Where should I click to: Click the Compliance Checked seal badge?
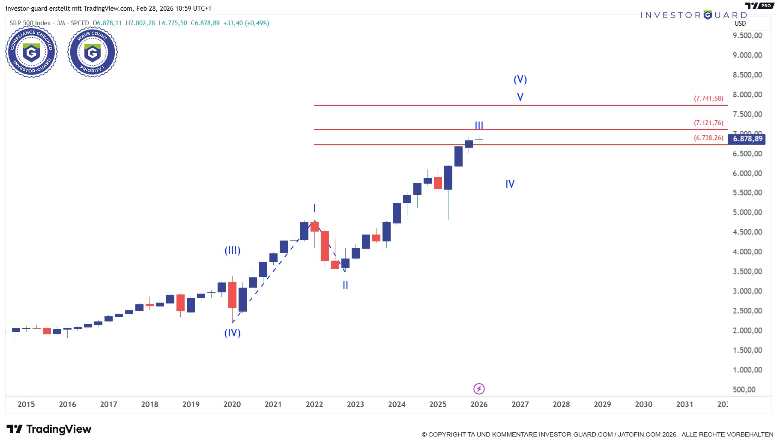(x=31, y=52)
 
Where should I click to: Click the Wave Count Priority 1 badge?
(x=93, y=52)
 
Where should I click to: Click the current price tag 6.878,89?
(x=747, y=139)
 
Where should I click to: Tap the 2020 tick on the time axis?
(x=232, y=404)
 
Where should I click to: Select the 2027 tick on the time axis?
(x=520, y=404)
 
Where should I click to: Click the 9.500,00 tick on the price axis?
(x=747, y=36)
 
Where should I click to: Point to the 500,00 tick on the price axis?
(x=744, y=389)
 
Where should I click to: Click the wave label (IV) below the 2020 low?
(x=233, y=333)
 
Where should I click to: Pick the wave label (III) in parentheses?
(x=233, y=250)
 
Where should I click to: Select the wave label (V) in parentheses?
(x=520, y=80)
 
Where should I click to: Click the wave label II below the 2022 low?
(x=345, y=285)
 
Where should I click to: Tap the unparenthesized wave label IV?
(x=510, y=184)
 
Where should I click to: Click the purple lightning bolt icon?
(x=479, y=389)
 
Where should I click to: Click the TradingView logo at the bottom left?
(x=49, y=429)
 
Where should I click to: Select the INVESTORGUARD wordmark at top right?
(x=693, y=15)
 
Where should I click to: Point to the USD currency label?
(x=740, y=24)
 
